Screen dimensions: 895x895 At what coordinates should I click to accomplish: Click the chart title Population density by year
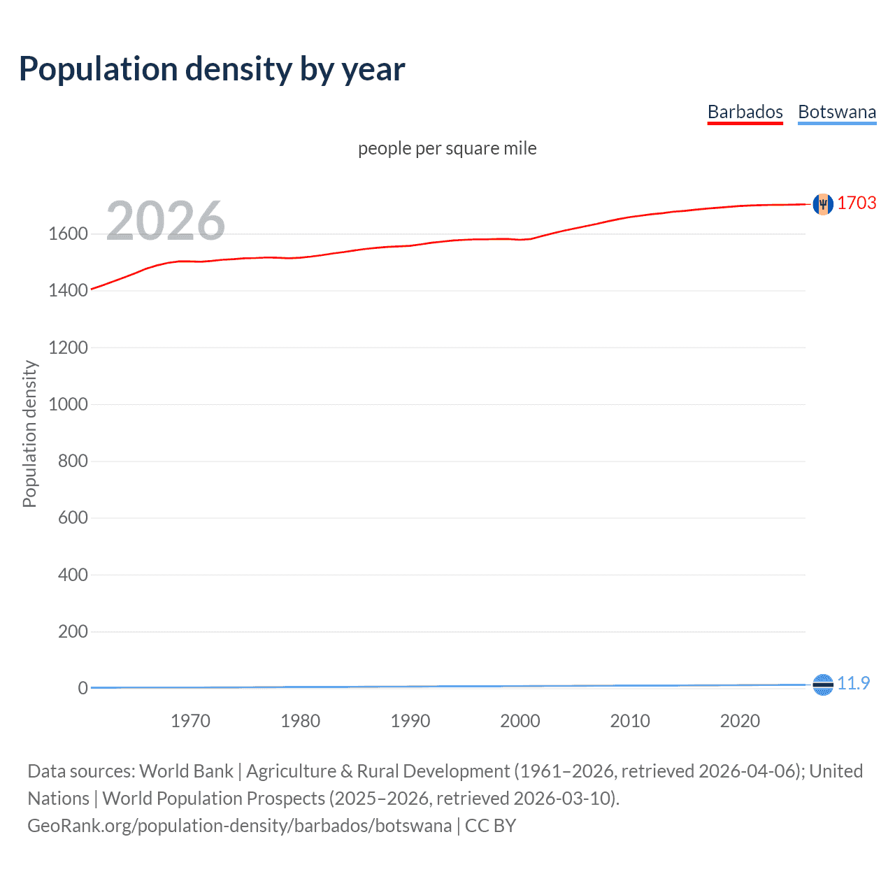212,69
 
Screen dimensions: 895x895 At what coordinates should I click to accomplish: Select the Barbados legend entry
745,112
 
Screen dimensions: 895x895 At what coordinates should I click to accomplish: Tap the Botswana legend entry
836,112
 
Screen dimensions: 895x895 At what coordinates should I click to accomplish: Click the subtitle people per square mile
447,148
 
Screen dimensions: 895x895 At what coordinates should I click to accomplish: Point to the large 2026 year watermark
166,221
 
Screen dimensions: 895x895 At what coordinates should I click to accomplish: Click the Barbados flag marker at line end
823,203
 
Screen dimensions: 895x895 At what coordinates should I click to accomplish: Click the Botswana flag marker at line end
823,685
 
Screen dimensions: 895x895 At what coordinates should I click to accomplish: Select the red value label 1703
857,203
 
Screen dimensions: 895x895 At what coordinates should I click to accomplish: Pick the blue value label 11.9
853,683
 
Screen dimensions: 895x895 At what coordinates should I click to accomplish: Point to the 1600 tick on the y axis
68,234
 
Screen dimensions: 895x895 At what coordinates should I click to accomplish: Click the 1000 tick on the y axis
68,405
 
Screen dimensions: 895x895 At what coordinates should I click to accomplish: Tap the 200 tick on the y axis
73,632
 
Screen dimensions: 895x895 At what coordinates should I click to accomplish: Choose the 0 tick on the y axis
83,689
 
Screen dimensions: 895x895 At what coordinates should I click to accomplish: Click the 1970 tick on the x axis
190,721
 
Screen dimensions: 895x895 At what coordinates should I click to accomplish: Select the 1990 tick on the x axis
410,721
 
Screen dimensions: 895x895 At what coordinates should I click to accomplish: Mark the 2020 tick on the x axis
740,721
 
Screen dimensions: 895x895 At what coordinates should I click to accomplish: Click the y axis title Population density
29,434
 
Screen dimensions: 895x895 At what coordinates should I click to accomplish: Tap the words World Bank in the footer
186,771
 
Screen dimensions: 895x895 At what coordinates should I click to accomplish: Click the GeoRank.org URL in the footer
239,826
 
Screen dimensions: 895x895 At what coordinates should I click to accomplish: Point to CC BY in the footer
490,826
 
